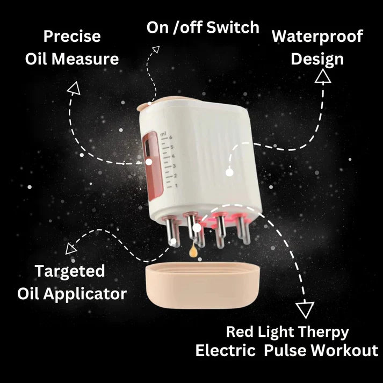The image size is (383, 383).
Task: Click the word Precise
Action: tap(72, 37)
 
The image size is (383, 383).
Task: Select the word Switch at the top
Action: tap(233, 27)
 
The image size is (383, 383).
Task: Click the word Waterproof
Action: tap(317, 37)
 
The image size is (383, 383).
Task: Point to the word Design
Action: tap(317, 60)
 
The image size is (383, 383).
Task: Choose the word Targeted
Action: tap(70, 272)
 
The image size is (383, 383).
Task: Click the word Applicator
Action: tap(85, 294)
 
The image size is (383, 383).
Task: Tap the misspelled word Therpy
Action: tap(323, 333)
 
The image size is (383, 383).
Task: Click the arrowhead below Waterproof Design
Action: tap(323, 76)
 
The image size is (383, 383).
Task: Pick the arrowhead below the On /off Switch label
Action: tap(156, 49)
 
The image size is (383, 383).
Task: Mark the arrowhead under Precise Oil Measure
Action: tap(74, 88)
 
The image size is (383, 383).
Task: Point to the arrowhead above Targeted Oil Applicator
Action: tap(70, 249)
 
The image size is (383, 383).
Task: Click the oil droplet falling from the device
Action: tap(193, 251)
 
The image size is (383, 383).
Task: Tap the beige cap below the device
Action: tap(203, 285)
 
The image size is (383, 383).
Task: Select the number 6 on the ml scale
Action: tap(170, 138)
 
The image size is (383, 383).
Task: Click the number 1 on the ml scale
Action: tap(176, 186)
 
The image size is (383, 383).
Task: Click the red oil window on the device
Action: tap(153, 166)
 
